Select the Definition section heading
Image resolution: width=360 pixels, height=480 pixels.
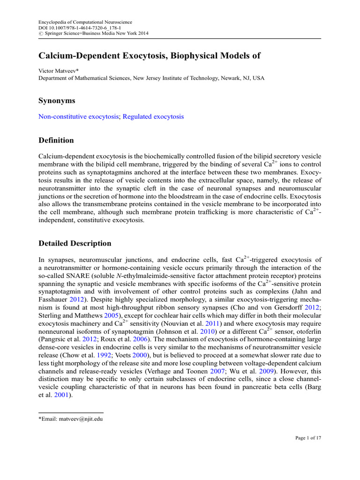click(56, 140)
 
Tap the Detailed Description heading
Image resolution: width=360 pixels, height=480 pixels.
click(75, 243)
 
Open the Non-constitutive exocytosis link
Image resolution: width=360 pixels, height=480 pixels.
click(78, 117)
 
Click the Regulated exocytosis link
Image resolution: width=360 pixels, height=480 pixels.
click(153, 117)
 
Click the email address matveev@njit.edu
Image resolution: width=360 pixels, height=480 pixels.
click(77, 419)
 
